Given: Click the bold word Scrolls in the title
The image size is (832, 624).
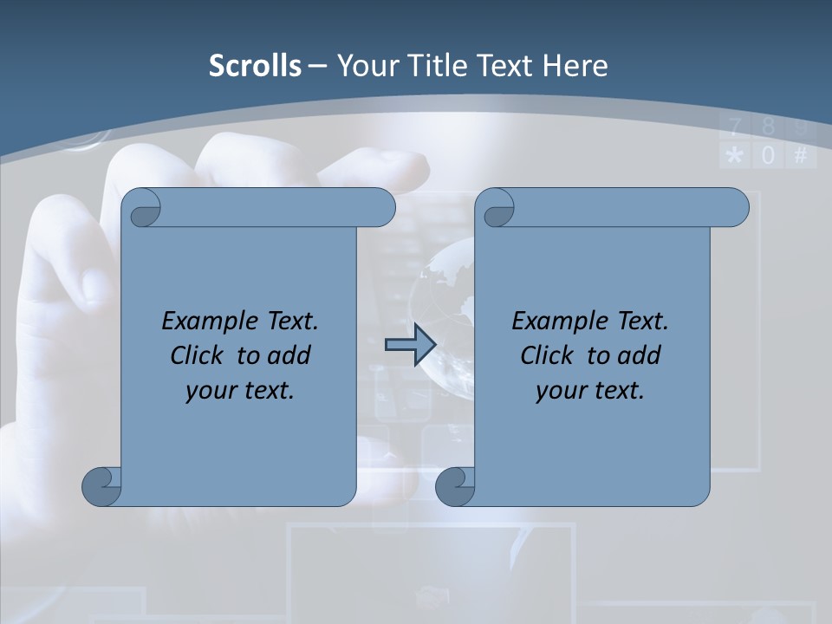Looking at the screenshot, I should pyautogui.click(x=255, y=66).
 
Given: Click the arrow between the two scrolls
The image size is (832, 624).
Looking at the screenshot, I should pyautogui.click(x=410, y=346).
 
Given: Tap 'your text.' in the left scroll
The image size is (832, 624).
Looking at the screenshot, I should pyautogui.click(x=240, y=390).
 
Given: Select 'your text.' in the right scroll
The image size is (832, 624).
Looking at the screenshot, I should pyautogui.click(x=590, y=390).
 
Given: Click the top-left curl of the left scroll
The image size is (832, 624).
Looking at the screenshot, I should pyautogui.click(x=142, y=208).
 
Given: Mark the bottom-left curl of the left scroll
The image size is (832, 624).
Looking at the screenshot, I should pyautogui.click(x=101, y=485).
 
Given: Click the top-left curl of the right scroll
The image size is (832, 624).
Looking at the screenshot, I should pyautogui.click(x=497, y=209).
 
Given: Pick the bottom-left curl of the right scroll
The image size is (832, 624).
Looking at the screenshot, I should pyautogui.click(x=455, y=485).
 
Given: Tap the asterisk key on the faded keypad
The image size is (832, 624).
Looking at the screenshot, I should pyautogui.click(x=734, y=156).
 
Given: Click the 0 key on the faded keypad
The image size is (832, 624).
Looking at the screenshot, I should pyautogui.click(x=768, y=156).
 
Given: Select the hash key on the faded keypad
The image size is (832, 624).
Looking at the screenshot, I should pyautogui.click(x=801, y=156).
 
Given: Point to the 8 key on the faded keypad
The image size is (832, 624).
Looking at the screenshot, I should pyautogui.click(x=768, y=128).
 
